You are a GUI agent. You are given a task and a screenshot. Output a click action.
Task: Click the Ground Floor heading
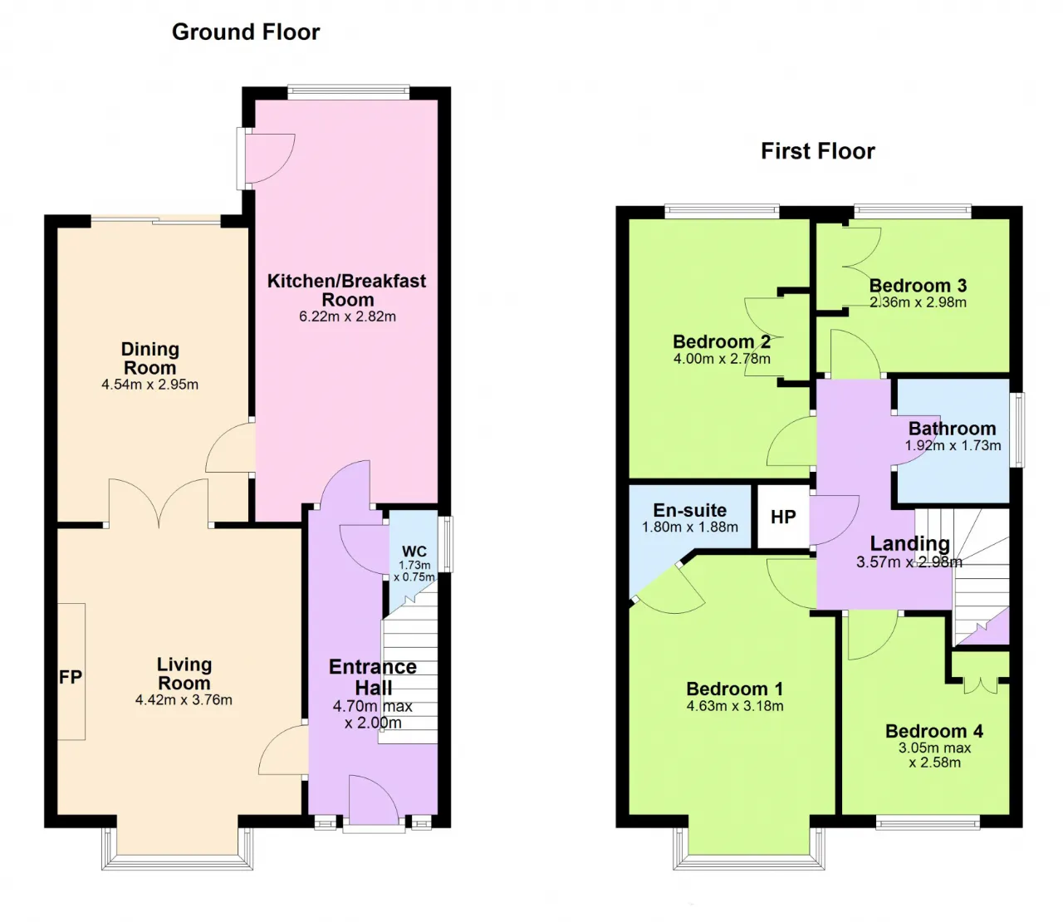click(x=246, y=32)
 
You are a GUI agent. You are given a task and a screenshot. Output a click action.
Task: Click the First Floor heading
click(x=818, y=151)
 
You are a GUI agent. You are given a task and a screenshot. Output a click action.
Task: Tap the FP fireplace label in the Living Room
click(x=71, y=677)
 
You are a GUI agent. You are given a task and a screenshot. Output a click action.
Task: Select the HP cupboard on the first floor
click(x=783, y=517)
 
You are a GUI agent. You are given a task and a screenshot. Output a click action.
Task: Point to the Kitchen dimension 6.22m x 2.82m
click(x=348, y=316)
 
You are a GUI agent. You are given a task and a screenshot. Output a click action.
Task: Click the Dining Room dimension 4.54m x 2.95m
click(x=149, y=385)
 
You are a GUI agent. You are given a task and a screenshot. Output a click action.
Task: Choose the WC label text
click(x=414, y=552)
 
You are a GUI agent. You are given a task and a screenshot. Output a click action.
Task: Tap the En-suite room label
click(x=689, y=510)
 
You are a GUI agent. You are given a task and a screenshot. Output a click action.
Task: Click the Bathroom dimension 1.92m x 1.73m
click(x=953, y=445)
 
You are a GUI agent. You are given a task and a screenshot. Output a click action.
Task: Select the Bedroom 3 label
click(x=918, y=286)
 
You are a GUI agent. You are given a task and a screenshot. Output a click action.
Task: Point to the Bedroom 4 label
click(x=934, y=731)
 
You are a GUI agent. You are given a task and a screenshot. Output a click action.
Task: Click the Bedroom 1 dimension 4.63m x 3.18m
click(x=735, y=706)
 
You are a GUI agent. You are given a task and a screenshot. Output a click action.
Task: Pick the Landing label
click(x=909, y=543)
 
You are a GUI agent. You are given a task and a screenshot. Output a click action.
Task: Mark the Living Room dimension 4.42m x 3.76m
click(x=184, y=699)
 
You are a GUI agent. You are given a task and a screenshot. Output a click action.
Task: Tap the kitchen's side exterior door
click(x=266, y=158)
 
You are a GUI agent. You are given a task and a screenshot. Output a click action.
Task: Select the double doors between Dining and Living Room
click(x=159, y=503)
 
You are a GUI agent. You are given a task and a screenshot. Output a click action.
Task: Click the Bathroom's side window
click(x=1016, y=430)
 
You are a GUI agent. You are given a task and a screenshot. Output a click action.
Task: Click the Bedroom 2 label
click(x=722, y=341)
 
